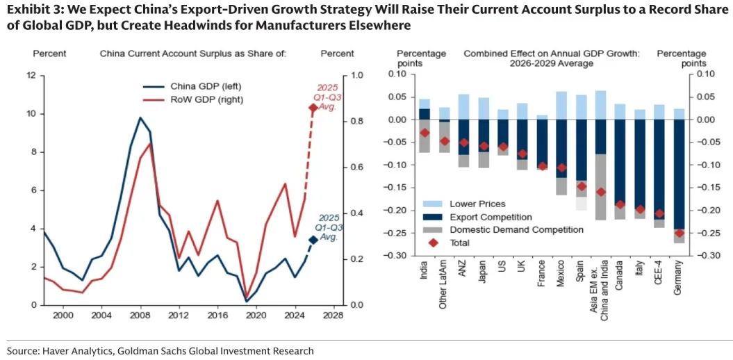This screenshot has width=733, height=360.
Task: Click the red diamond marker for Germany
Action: [x=679, y=233]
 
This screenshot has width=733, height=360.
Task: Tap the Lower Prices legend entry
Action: [x=477, y=204]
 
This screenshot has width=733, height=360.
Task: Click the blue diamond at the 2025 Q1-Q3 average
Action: [x=313, y=240]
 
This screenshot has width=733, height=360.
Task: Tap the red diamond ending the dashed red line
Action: [x=313, y=108]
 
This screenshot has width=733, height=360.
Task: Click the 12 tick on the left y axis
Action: [x=31, y=75]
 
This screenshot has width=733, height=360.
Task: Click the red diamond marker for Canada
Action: [x=620, y=205]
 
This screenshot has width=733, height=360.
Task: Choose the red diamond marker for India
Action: [x=425, y=133]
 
